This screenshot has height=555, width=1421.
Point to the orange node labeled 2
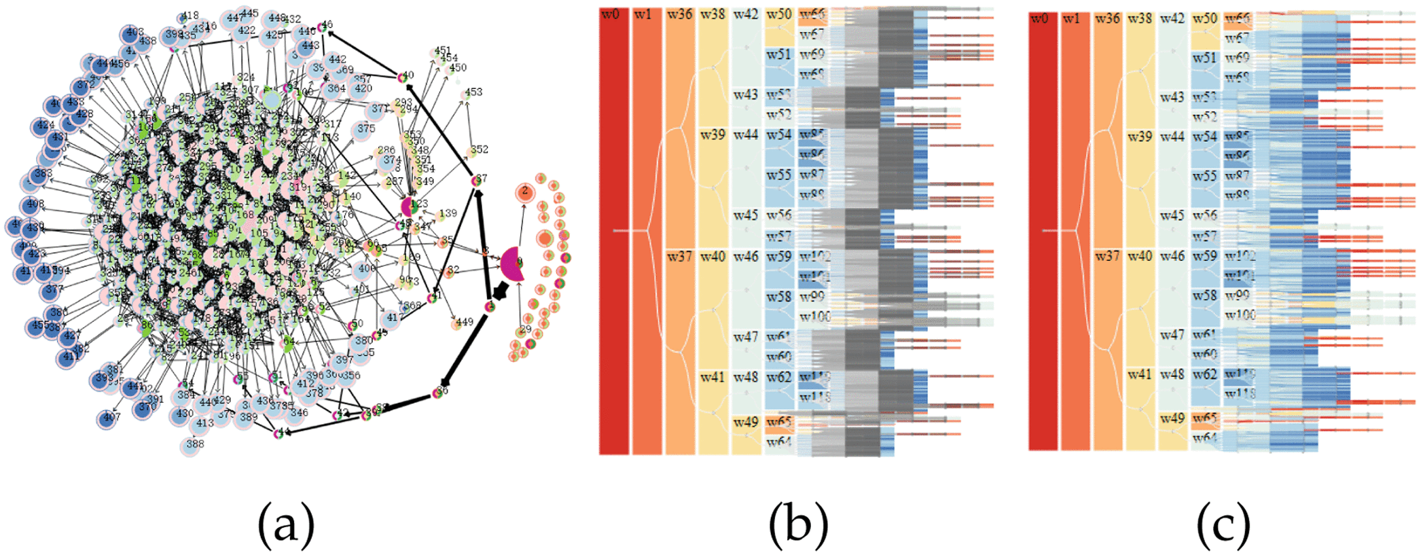coord(524,193)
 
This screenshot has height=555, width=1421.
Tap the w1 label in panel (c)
coord(1071,18)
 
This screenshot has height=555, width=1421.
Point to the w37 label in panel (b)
coord(679,256)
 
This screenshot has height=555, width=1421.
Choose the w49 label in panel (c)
coord(1172,418)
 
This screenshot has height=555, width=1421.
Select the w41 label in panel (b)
coord(713,377)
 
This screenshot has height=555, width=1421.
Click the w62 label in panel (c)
coord(1204,374)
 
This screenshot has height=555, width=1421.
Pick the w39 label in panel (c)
coord(1139,137)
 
